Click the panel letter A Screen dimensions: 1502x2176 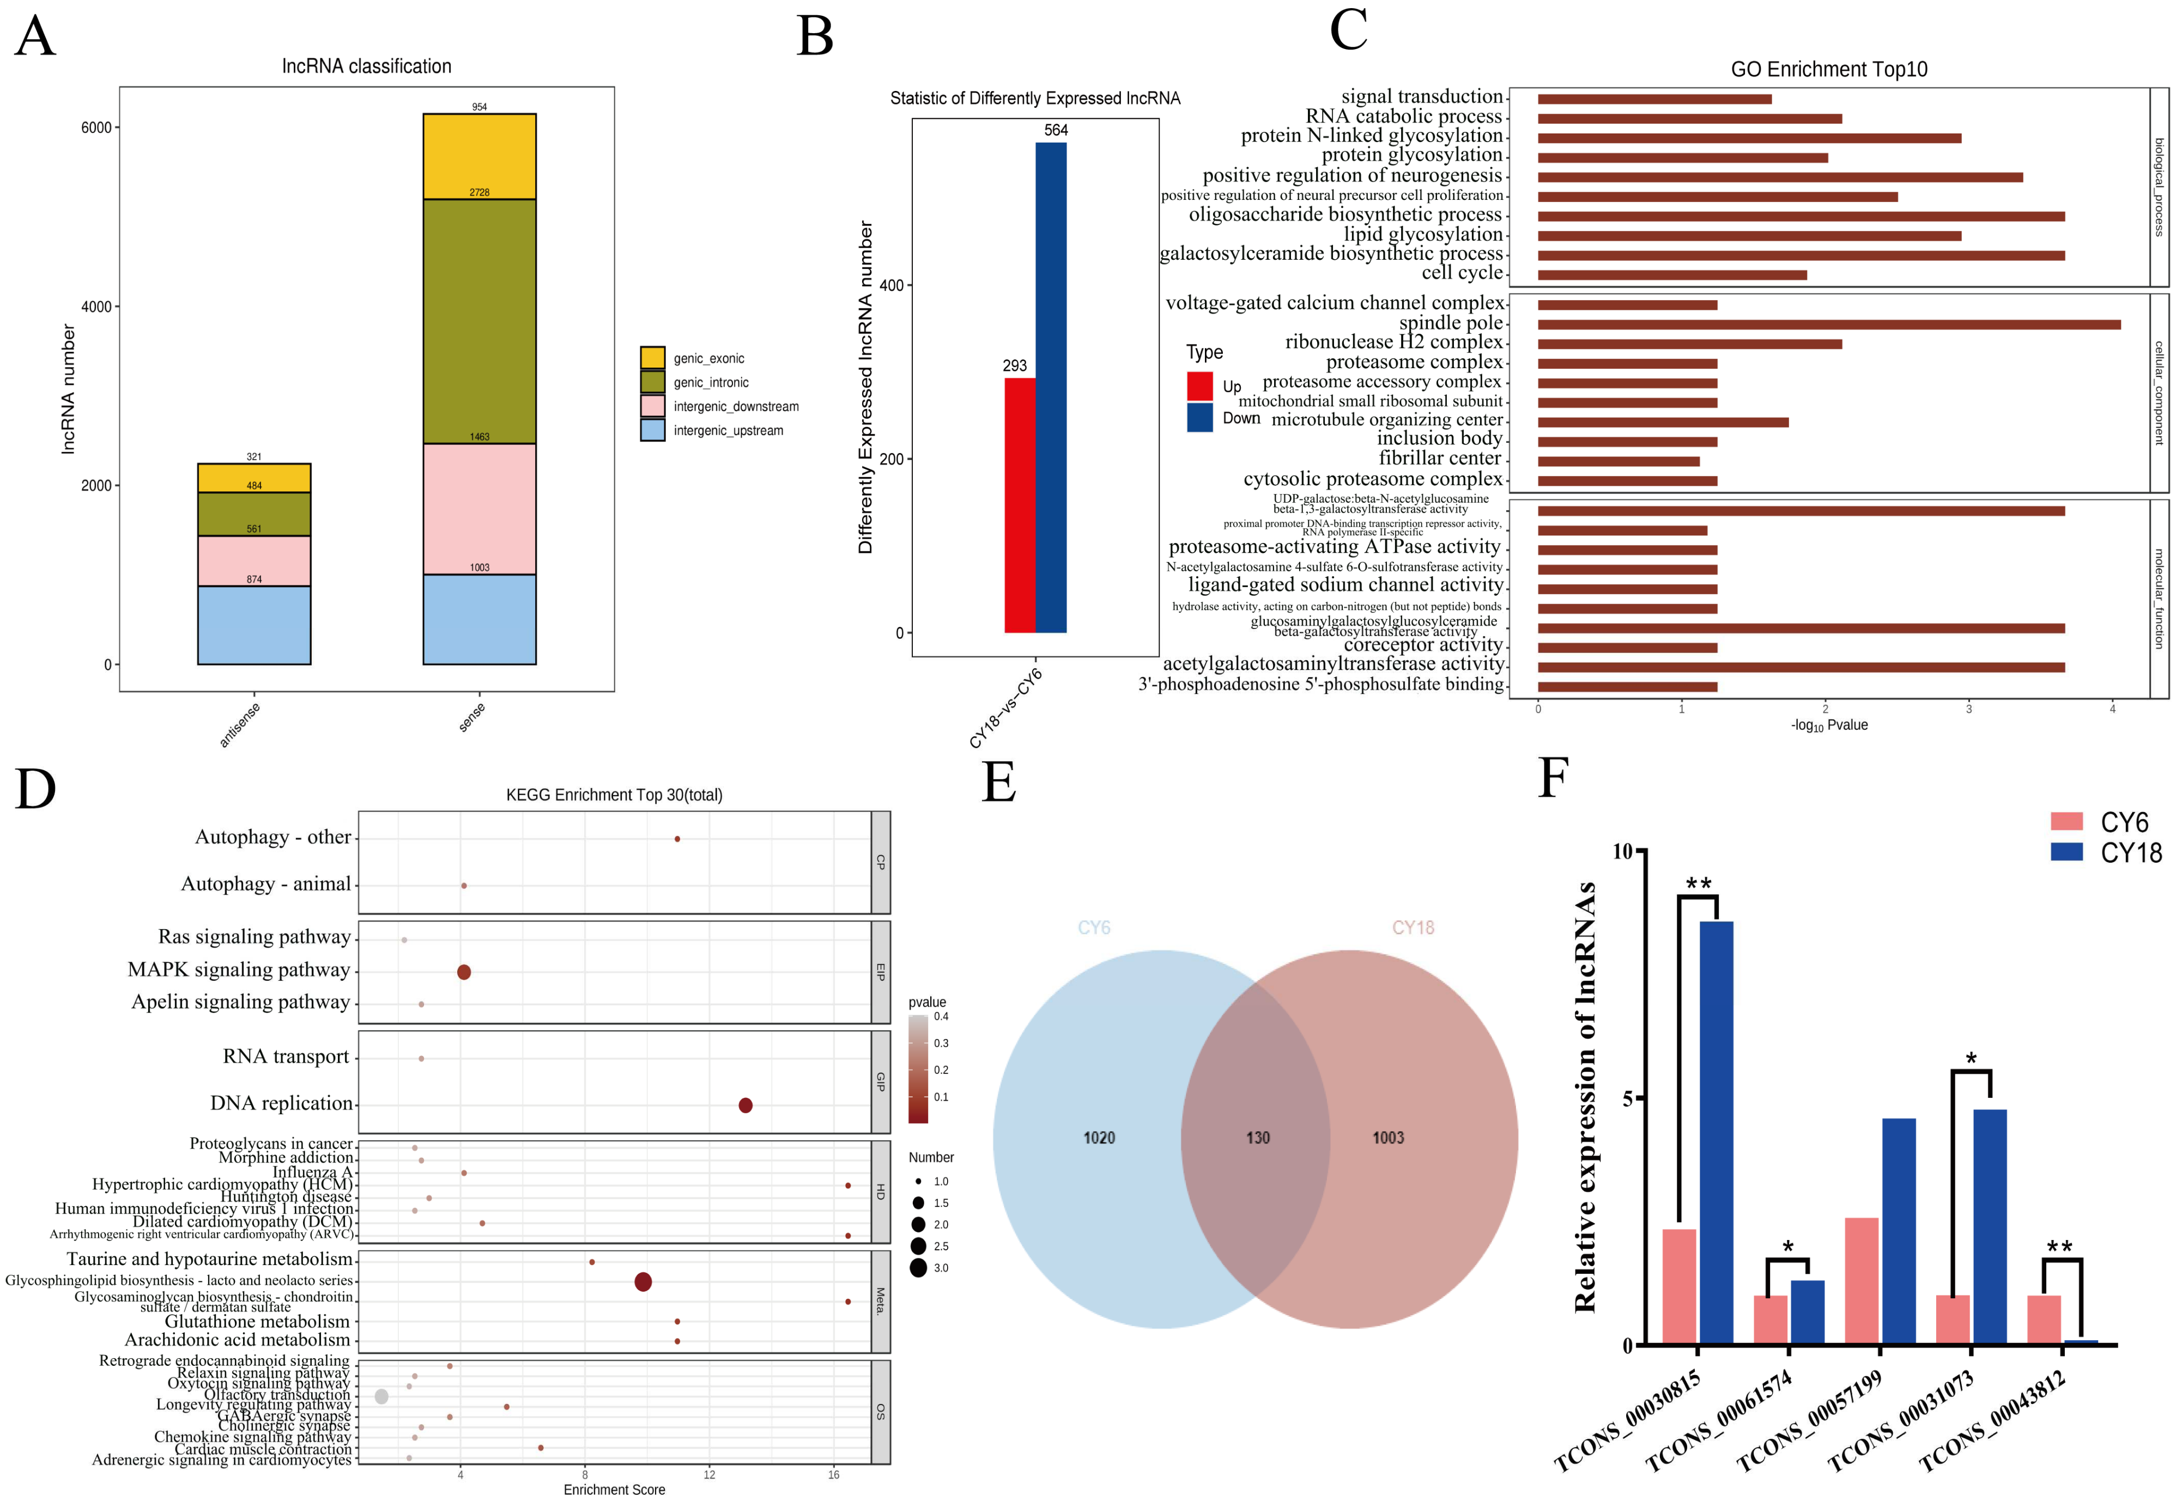pyautogui.click(x=35, y=38)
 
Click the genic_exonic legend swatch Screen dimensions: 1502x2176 pyautogui.click(x=652, y=358)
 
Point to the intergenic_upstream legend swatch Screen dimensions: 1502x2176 pyautogui.click(x=652, y=430)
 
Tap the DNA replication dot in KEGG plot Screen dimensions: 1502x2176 pyautogui.click(x=745, y=1105)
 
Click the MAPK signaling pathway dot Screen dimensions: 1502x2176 pyautogui.click(x=463, y=972)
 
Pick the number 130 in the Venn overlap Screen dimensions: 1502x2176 pyautogui.click(x=1258, y=1138)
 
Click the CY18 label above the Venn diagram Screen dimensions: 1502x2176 pyautogui.click(x=1413, y=928)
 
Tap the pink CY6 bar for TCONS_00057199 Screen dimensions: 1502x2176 pyautogui.click(x=1862, y=1281)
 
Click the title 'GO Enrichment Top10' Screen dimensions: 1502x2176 pyautogui.click(x=1828, y=70)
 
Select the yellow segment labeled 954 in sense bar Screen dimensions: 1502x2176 pyautogui.click(x=479, y=156)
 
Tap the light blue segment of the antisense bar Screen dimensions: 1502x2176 pyautogui.click(x=254, y=625)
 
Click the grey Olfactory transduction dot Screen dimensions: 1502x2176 pyautogui.click(x=381, y=1396)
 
